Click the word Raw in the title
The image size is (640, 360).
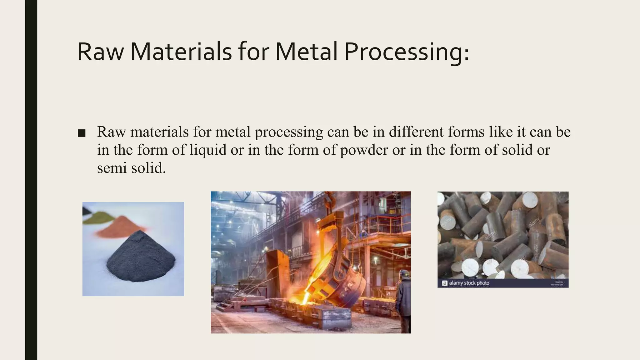click(x=100, y=52)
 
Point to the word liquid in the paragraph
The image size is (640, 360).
click(x=208, y=150)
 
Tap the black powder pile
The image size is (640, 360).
click(x=141, y=259)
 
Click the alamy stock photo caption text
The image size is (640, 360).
click(x=469, y=283)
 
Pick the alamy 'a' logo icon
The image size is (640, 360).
click(x=445, y=283)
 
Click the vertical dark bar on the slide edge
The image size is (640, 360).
click(x=31, y=180)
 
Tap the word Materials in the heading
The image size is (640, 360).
click(x=181, y=52)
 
